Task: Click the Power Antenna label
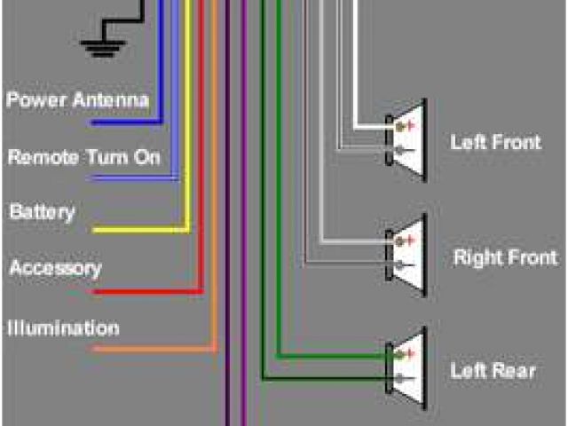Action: [x=77, y=99]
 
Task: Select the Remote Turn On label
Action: [x=84, y=157]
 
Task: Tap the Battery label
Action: [x=42, y=212]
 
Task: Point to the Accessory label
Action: [x=55, y=268]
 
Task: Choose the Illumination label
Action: [x=63, y=328]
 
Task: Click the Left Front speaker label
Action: [x=495, y=142]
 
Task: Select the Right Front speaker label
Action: [x=505, y=258]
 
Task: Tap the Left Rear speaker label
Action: [x=493, y=370]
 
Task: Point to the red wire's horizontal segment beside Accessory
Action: [x=146, y=290]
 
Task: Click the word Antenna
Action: [x=113, y=99]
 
